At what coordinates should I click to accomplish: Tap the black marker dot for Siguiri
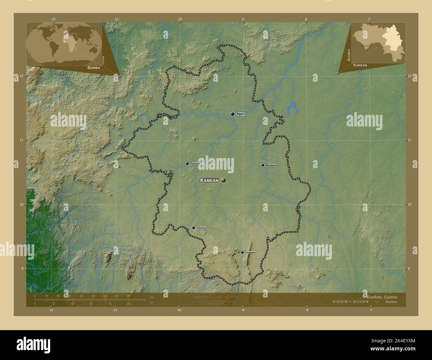(x=233, y=114)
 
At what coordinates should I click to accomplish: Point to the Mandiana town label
(x=270, y=165)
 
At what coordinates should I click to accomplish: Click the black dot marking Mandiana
(x=263, y=165)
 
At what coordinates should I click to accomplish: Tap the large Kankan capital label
(x=209, y=180)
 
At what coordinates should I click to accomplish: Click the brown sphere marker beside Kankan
(x=224, y=180)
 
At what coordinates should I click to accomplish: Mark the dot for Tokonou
(x=193, y=228)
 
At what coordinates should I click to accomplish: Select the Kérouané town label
(x=250, y=252)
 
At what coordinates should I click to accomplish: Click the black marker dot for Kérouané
(x=242, y=252)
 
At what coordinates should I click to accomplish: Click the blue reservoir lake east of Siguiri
(x=293, y=107)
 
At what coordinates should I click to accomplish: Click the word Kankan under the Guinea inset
(x=360, y=65)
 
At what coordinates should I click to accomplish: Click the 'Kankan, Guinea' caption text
(x=381, y=296)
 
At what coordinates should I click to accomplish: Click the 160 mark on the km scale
(x=128, y=296)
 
